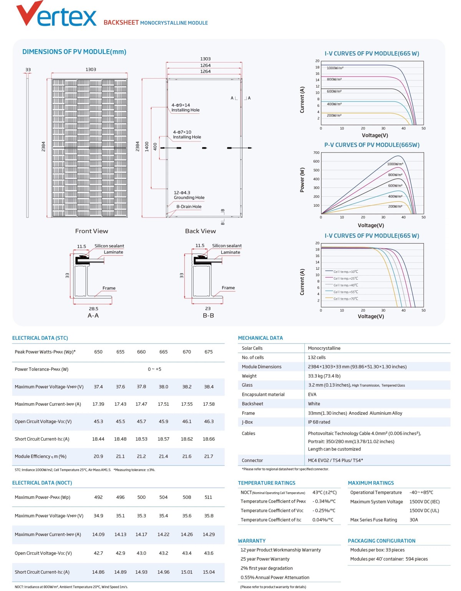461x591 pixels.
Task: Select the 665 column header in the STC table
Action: pos(163,352)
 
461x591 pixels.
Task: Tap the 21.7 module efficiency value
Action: pos(209,457)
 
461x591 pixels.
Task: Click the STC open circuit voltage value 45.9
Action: pos(163,422)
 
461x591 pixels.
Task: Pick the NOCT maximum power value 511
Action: pos(208,497)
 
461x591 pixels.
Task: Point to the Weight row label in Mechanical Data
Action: pos(249,376)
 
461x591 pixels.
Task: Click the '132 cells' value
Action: pos(317,357)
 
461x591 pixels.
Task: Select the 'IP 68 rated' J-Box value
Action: pos(319,422)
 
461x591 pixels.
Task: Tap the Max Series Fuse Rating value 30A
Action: pos(414,520)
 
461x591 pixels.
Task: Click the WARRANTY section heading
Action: pos(252,541)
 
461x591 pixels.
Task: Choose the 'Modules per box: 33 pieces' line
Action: pos(377,550)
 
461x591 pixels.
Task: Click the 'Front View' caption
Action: pos(91,231)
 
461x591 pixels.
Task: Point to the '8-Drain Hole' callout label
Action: pos(189,207)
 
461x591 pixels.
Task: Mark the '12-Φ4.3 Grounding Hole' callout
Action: pos(189,195)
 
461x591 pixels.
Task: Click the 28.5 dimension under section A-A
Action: pos(93,309)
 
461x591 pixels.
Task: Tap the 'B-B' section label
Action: pos(208,315)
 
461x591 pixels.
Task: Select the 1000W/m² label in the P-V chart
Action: pos(395,164)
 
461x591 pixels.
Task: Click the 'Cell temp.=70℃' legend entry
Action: pos(345,299)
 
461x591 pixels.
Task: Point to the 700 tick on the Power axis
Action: pos(316,153)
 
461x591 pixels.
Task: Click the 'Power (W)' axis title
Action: pos(302,180)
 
